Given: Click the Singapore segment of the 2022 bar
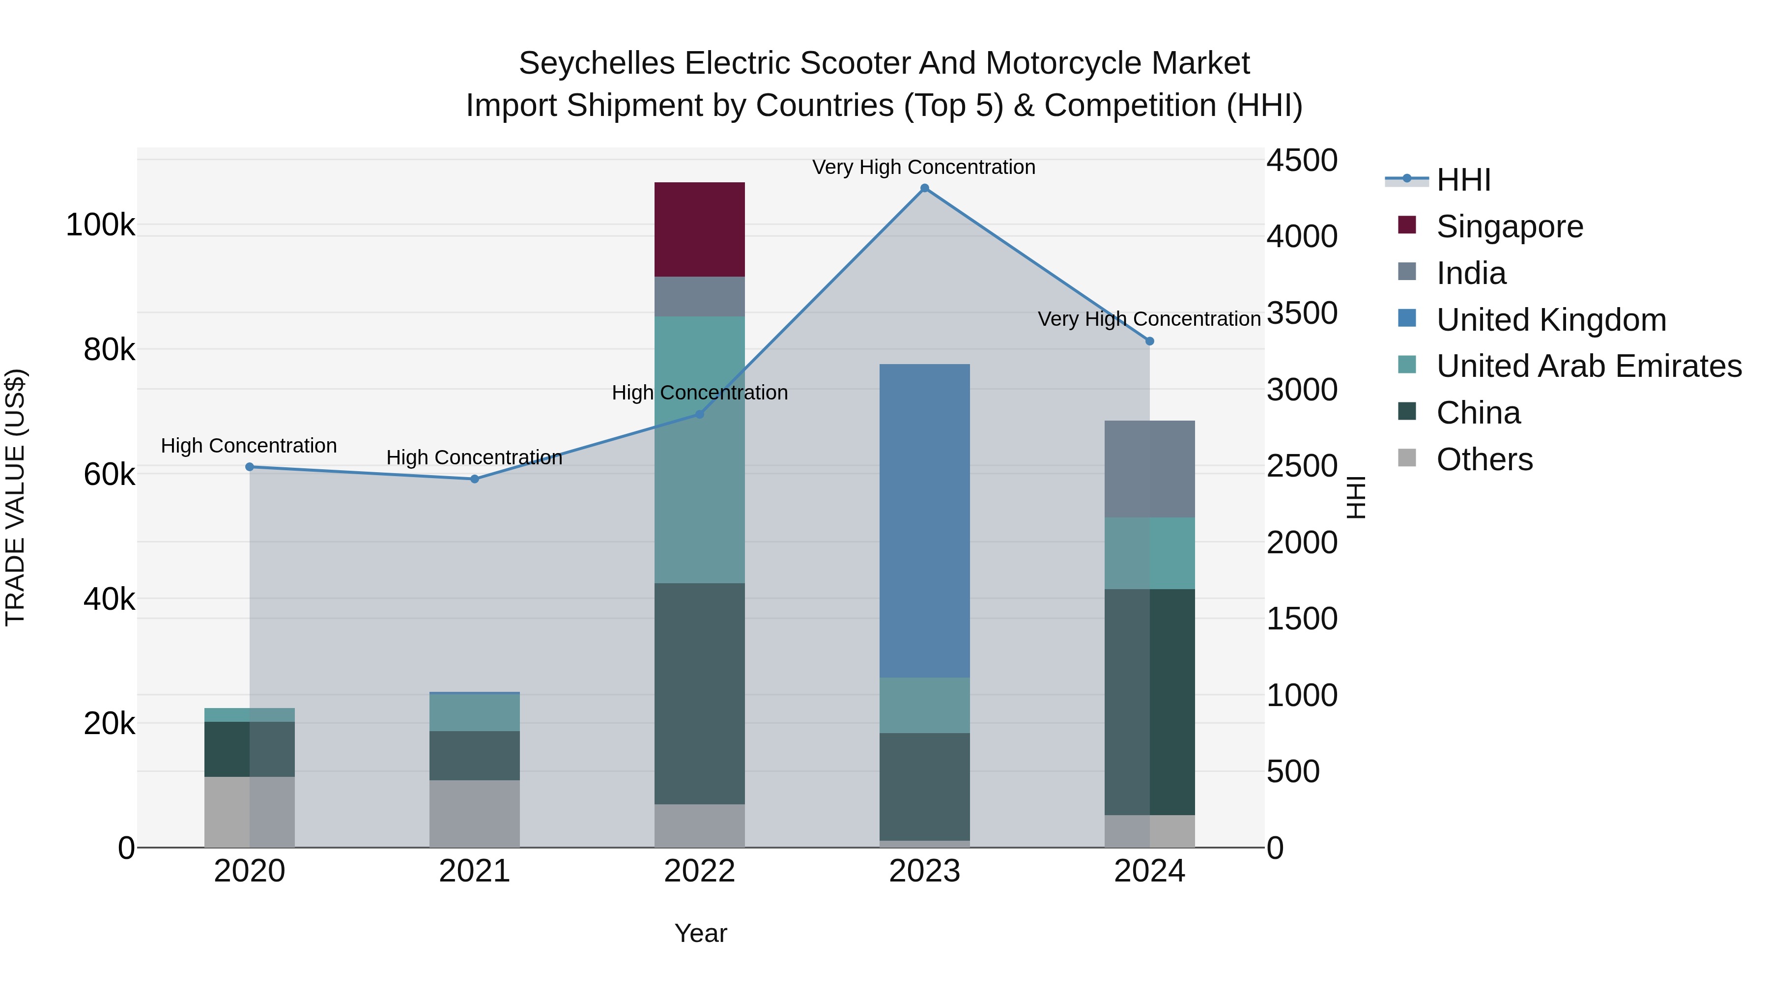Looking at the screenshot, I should click(x=699, y=229).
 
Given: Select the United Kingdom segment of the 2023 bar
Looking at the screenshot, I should click(x=924, y=520).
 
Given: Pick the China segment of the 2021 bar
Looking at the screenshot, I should click(x=475, y=755).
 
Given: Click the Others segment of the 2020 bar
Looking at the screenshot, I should click(x=249, y=812).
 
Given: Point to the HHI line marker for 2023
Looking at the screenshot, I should click(x=924, y=188).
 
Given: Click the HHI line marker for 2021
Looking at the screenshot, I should click(x=475, y=479).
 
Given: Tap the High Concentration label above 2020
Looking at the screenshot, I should click(x=249, y=446).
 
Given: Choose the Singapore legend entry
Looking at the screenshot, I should click(x=1510, y=227).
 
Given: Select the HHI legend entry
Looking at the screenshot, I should click(x=1463, y=180).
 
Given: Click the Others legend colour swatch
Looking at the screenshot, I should click(x=1407, y=458).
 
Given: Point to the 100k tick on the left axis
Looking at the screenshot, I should click(x=100, y=225).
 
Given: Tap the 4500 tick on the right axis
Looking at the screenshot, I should click(x=1301, y=161).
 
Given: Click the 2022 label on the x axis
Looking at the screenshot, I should click(x=699, y=871).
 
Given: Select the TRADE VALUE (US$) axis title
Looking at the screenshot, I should click(x=15, y=497).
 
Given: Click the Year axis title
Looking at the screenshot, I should click(x=700, y=933).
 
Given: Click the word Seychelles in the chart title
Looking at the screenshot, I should click(x=596, y=64).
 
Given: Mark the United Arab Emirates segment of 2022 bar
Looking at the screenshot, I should click(x=699, y=450).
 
